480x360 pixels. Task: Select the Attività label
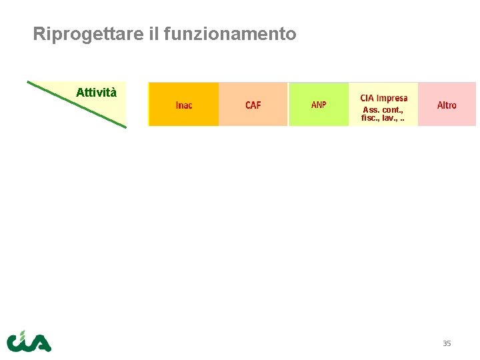[96, 93]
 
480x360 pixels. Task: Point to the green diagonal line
[77, 104]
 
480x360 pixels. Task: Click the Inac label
[184, 105]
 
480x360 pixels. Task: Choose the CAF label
[253, 105]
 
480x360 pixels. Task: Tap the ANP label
[319, 105]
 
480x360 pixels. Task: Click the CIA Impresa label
[383, 98]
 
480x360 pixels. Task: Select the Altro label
[447, 105]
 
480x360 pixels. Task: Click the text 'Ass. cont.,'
[383, 110]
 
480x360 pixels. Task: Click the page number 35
[447, 343]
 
